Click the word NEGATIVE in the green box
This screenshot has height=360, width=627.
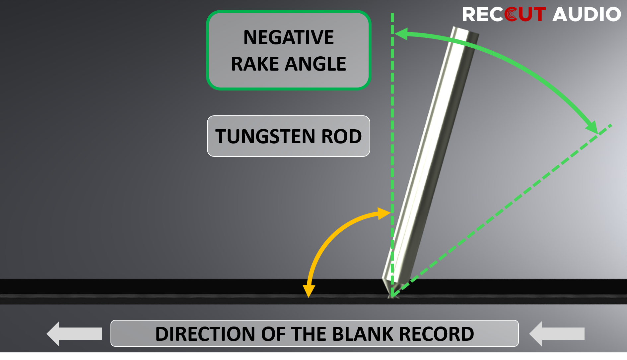[288, 37]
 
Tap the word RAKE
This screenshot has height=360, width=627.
[254, 64]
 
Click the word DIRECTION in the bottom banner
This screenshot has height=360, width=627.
[205, 334]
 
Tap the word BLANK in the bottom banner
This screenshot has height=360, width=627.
[362, 334]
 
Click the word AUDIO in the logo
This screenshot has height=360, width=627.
[587, 15]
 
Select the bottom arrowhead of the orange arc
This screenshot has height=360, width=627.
[309, 291]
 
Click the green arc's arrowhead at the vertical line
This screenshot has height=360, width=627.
[401, 34]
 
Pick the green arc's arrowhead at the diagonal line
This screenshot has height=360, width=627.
[592, 127]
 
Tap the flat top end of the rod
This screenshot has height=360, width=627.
[465, 31]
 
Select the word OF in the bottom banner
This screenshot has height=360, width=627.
[273, 334]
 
